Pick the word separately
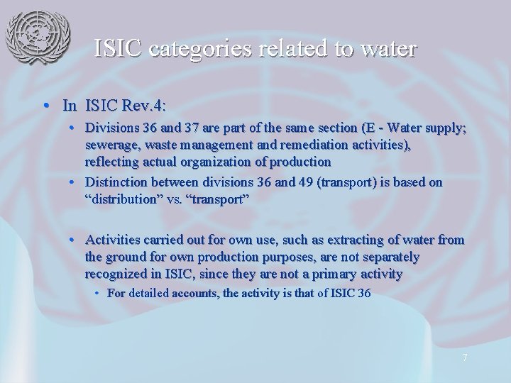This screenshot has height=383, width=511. pos(388,257)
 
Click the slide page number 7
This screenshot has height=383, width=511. pos(464,357)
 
